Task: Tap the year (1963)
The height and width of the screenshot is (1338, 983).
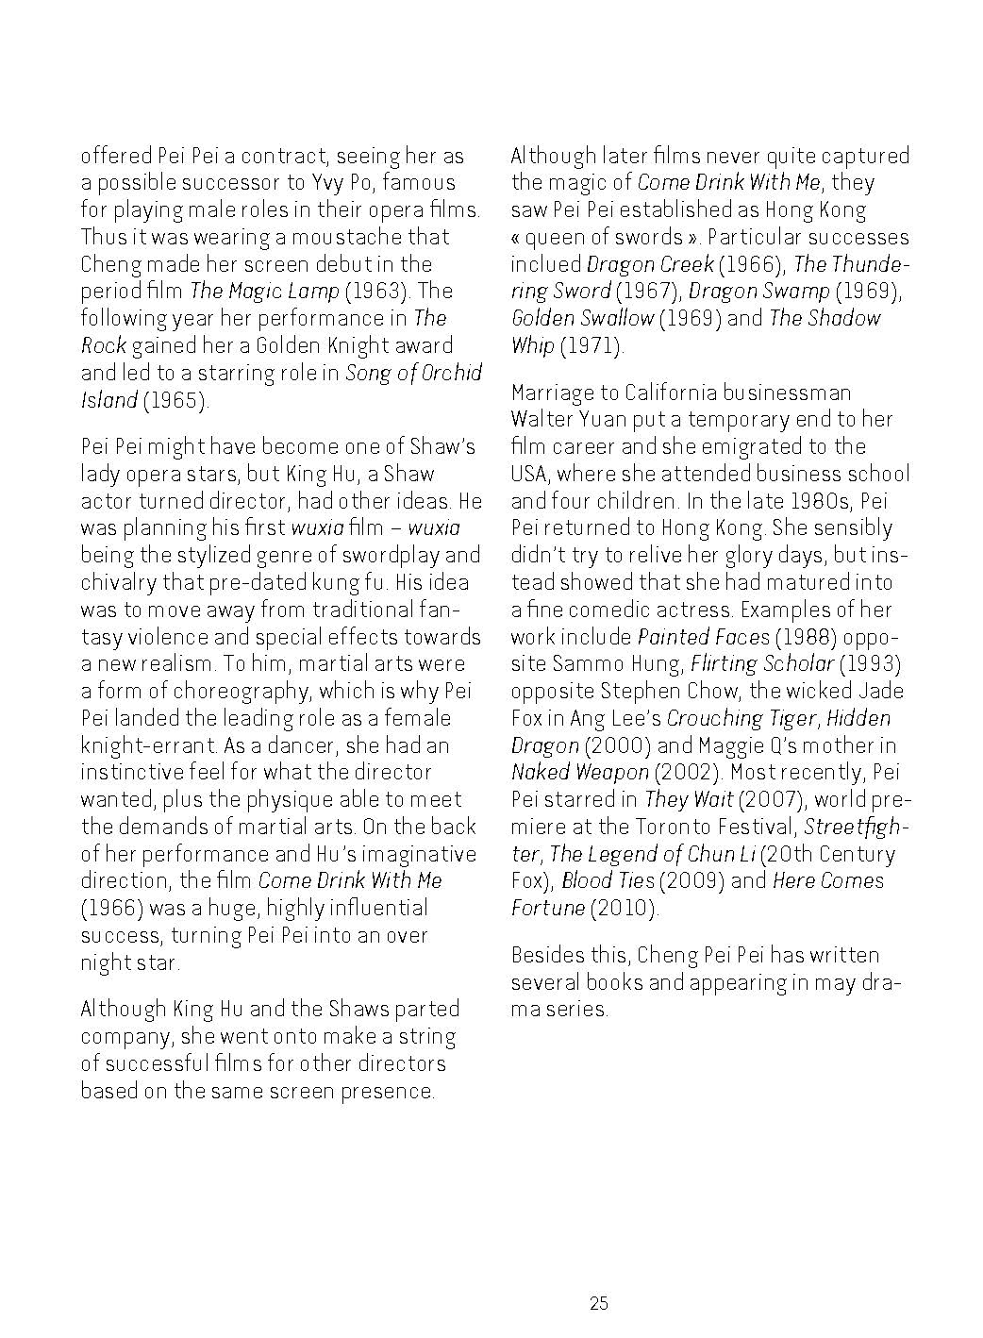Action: [378, 291]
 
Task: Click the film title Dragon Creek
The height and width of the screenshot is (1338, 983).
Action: [650, 264]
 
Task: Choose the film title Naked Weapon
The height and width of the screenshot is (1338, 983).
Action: [580, 773]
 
